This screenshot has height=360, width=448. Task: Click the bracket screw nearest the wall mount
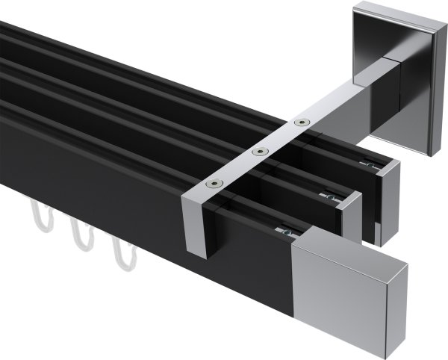point(301,122)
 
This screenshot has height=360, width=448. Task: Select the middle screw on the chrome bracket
point(259,152)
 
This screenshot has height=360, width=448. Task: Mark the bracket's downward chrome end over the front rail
point(199,224)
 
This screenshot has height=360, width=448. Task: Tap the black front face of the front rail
point(149,217)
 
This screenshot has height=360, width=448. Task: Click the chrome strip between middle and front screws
point(237,167)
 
